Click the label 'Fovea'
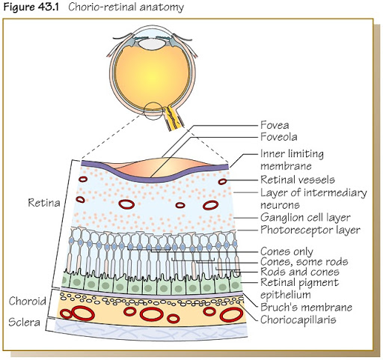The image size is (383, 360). point(275,125)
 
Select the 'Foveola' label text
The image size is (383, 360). point(279,137)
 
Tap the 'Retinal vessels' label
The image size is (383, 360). point(298,180)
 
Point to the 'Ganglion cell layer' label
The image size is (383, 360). point(305,218)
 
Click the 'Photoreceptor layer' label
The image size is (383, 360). point(310,230)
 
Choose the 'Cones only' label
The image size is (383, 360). point(287,251)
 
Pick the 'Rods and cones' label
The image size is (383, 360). point(300,272)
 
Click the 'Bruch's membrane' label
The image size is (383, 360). point(306,307)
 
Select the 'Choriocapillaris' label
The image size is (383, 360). point(298,320)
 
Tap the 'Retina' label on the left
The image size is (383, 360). point(44,203)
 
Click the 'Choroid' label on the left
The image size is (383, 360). point(28,301)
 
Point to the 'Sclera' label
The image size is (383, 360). point(24,322)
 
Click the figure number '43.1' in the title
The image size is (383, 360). point(49,7)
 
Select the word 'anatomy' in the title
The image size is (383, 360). point(162,7)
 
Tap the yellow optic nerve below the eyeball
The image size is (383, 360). point(174,118)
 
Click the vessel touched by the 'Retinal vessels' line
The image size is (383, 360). point(222,181)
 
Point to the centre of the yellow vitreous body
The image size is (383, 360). point(153,77)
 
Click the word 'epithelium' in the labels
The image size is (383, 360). point(286,295)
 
